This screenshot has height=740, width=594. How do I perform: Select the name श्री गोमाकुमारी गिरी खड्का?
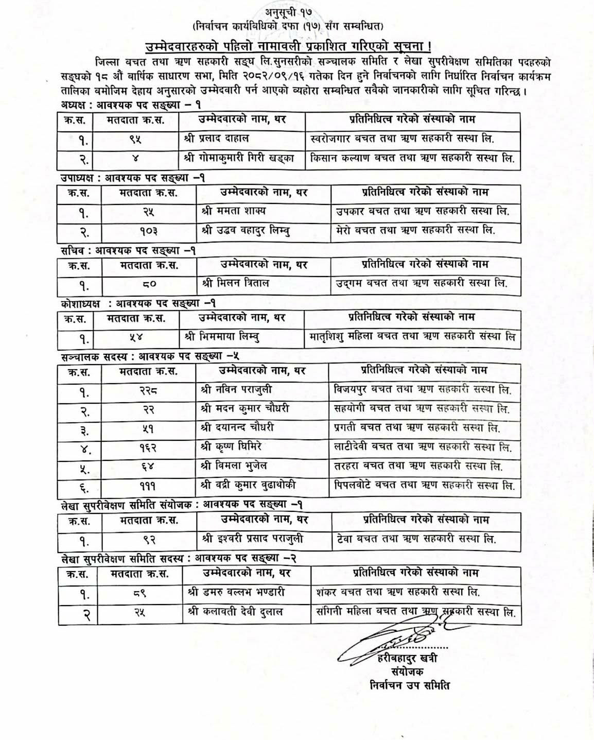[x=238, y=159]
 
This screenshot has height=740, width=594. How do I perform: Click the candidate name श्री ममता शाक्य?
[x=234, y=211]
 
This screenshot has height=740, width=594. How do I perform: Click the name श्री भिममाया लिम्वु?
[x=222, y=338]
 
